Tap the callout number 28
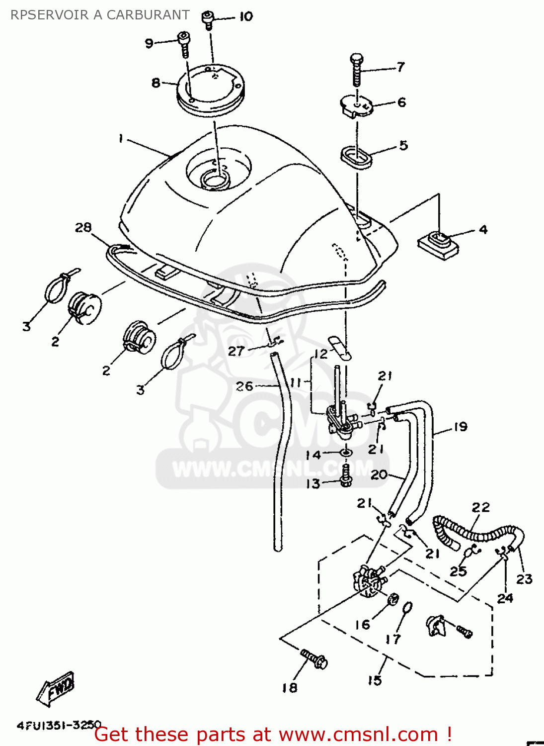click(x=83, y=227)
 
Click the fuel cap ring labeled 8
click(x=211, y=92)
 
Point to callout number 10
click(x=246, y=16)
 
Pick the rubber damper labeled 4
click(x=438, y=244)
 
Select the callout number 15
click(x=375, y=680)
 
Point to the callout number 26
click(x=244, y=386)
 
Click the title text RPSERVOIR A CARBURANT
click(x=100, y=15)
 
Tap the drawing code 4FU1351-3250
click(x=59, y=725)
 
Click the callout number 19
click(x=461, y=427)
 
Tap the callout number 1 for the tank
click(x=120, y=138)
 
